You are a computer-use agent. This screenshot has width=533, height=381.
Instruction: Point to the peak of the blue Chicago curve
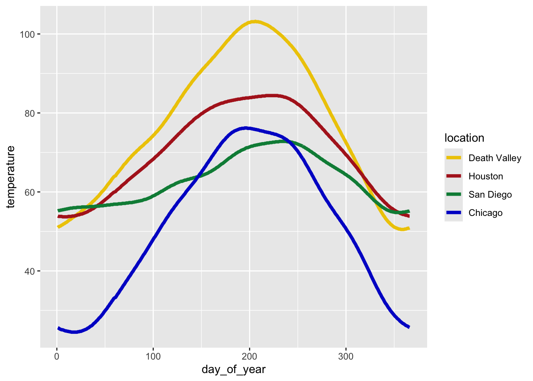pos(246,128)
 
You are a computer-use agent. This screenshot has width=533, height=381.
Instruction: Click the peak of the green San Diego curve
pos(282,141)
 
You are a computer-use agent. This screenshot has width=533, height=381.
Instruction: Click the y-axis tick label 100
pos(27,34)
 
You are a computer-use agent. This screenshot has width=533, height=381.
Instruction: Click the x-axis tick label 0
pos(57,356)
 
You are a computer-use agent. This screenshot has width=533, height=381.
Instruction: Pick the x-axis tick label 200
pos(249,356)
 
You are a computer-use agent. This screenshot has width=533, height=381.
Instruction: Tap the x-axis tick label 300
pos(346,356)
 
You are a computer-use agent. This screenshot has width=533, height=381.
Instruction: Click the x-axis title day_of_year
pos(234,370)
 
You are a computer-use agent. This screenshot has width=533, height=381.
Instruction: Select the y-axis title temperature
pos(11,176)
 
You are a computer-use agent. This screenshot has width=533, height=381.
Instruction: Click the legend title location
pos(464,138)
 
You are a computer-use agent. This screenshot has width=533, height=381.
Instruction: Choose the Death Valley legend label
pos(495,158)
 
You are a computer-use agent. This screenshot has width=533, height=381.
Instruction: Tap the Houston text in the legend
pos(485,176)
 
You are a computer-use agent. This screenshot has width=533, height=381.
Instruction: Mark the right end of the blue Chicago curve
pos(409,327)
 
